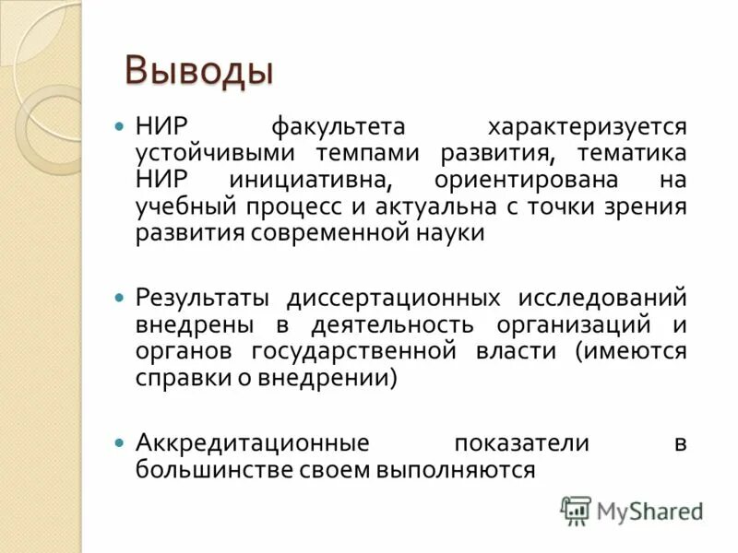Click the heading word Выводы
[199, 71]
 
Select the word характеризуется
[588, 125]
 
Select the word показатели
[521, 442]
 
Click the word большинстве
[214, 469]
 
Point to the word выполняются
[455, 469]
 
